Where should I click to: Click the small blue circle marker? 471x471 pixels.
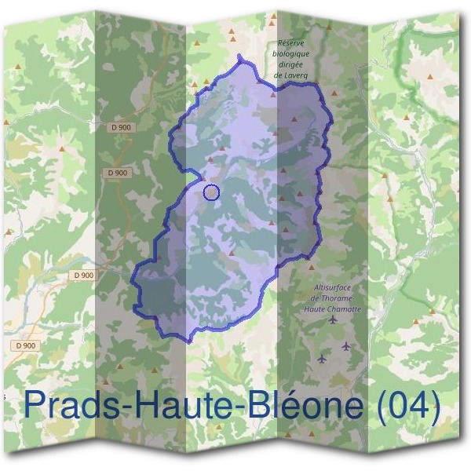[x=210, y=192]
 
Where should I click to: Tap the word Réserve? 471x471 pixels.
[x=294, y=45]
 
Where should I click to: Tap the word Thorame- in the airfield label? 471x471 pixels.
[x=340, y=298]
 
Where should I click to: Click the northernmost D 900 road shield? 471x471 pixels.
[x=122, y=127]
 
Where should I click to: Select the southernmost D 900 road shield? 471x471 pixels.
[x=24, y=345]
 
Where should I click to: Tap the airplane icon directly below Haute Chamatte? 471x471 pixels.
[x=334, y=320]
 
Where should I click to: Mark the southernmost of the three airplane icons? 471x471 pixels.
[x=321, y=360]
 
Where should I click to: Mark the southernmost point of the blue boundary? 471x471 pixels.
[x=188, y=341]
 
